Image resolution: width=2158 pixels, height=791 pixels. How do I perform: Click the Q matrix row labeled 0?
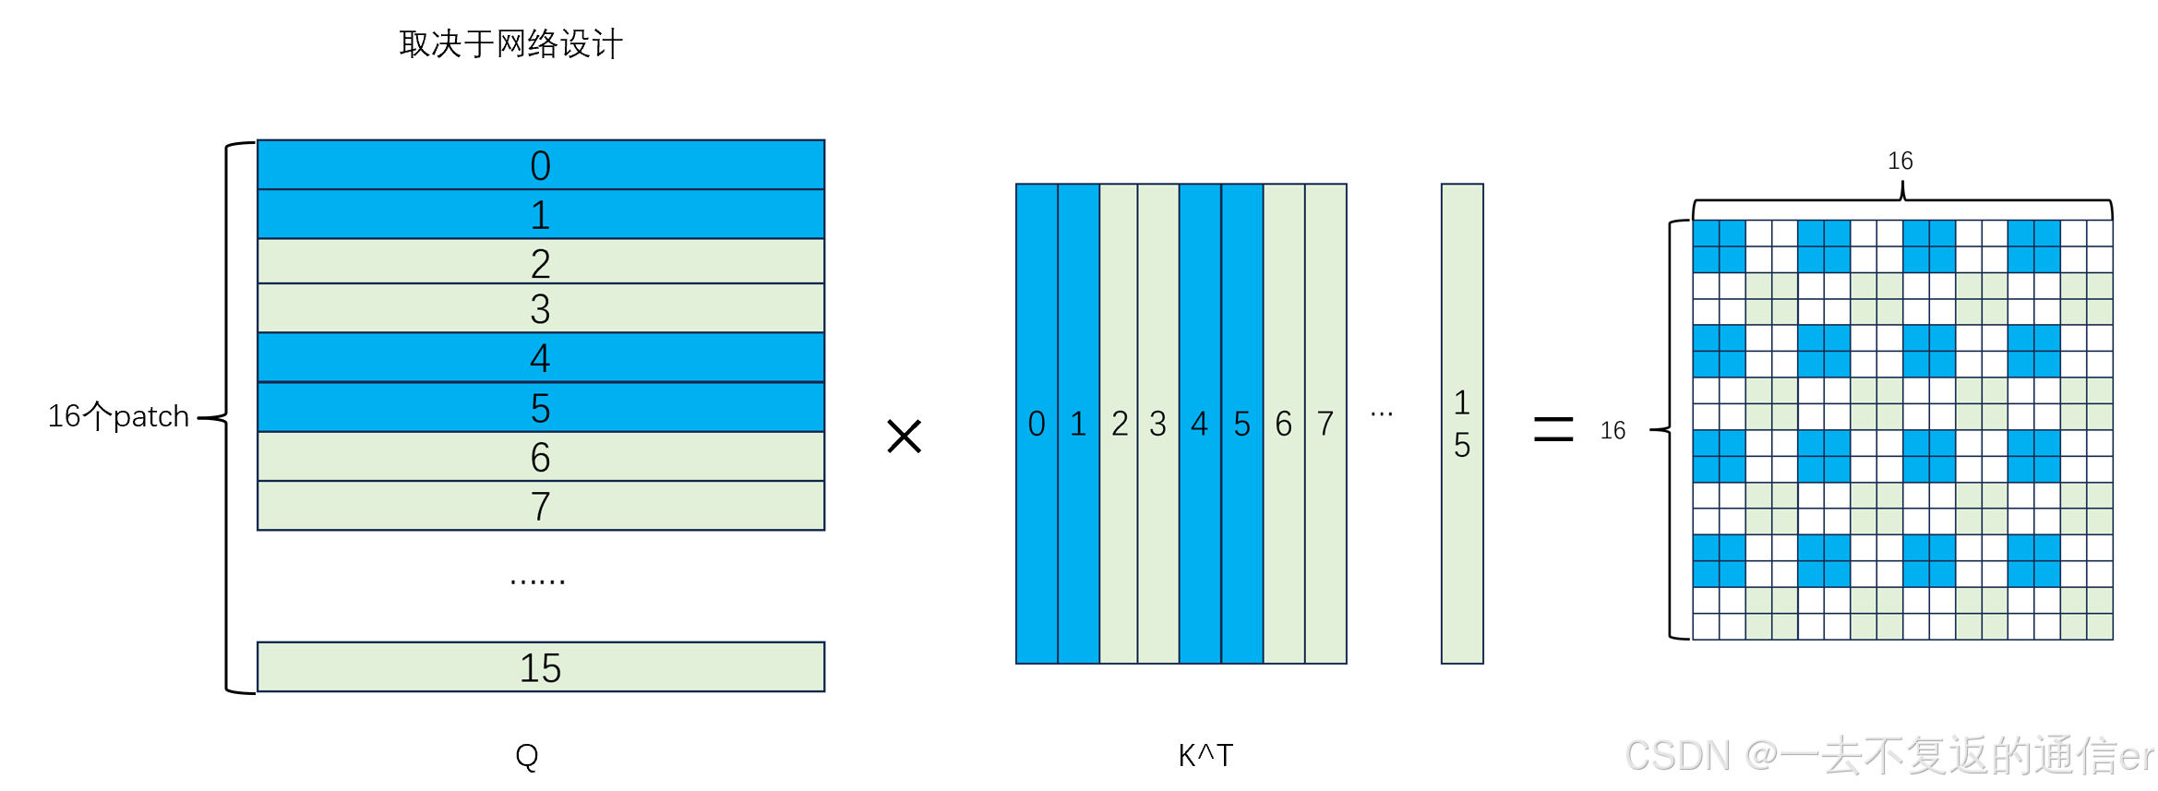pyautogui.click(x=540, y=165)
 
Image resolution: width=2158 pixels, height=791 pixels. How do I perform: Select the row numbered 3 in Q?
pyautogui.click(x=540, y=308)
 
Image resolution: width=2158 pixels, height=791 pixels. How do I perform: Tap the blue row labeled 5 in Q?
pyautogui.click(x=540, y=407)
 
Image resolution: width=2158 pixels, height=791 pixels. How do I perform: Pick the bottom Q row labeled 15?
pyautogui.click(x=540, y=666)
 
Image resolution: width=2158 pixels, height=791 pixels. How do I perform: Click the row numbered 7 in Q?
pyautogui.click(x=540, y=506)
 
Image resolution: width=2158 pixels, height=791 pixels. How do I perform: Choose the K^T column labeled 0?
pyautogui.click(x=1037, y=424)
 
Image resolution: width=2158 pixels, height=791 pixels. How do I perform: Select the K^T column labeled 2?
pyautogui.click(x=1120, y=424)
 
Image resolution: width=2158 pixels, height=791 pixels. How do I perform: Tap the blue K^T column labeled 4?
pyautogui.click(x=1200, y=424)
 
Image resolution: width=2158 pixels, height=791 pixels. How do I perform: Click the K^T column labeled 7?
pyautogui.click(x=1325, y=424)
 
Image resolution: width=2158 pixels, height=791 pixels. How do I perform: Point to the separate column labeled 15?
pyautogui.click(x=1462, y=424)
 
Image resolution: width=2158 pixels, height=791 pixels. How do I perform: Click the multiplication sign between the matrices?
pyautogui.click(x=904, y=436)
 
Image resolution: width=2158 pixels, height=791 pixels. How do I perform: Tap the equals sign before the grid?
pyautogui.click(x=1553, y=428)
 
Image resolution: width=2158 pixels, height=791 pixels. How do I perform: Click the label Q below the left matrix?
pyautogui.click(x=527, y=756)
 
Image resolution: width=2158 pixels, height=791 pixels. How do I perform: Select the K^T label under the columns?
pyautogui.click(x=1205, y=755)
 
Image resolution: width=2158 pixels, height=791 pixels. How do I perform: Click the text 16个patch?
pyautogui.click(x=118, y=416)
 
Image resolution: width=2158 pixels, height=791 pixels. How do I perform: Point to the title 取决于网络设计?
pyautogui.click(x=510, y=43)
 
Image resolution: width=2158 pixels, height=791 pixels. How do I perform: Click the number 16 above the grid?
pyautogui.click(x=1900, y=161)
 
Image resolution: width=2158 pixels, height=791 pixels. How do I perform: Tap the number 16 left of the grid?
pyautogui.click(x=1613, y=430)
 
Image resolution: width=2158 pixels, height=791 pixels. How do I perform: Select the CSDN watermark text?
pyautogui.click(x=1888, y=756)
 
